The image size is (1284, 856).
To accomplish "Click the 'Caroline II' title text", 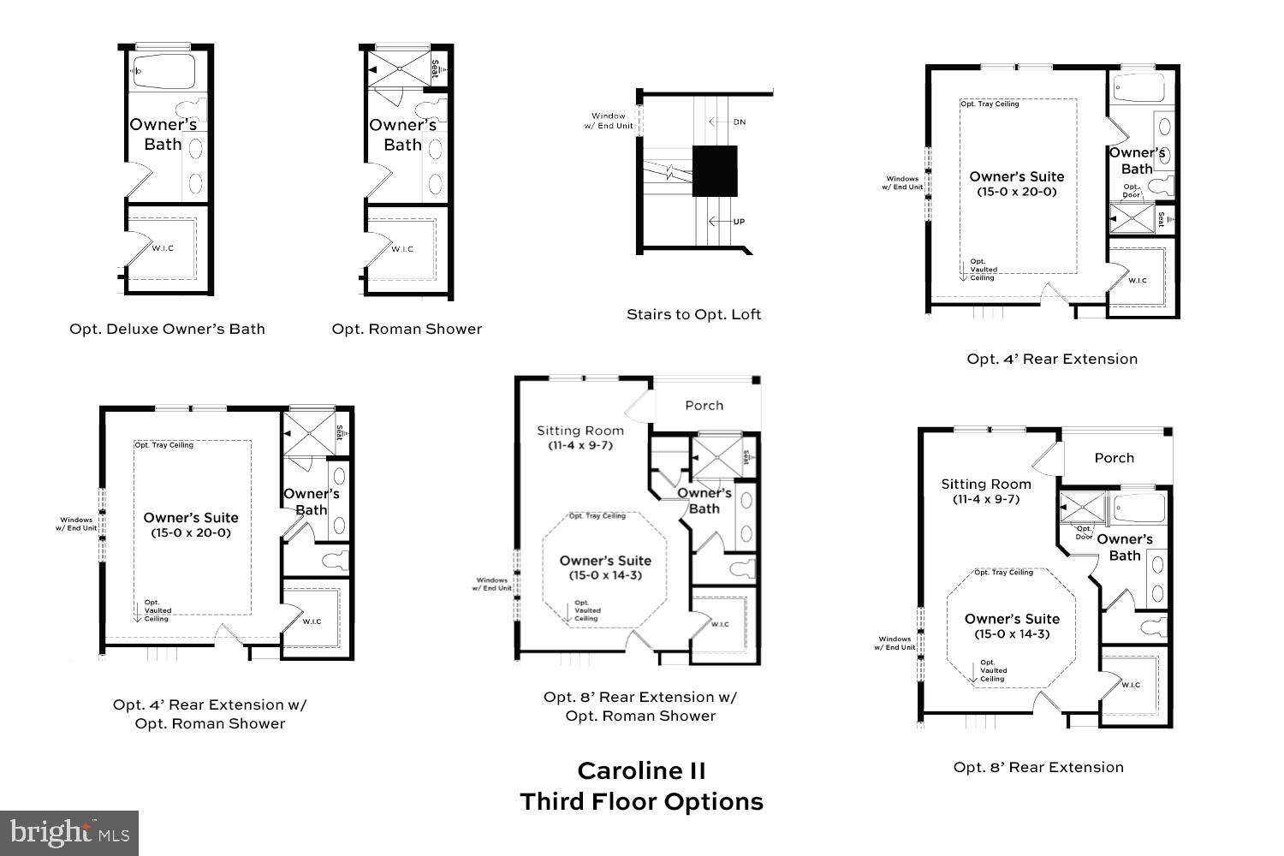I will pos(641,770).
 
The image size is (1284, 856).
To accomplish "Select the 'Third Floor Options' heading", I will pos(641,802).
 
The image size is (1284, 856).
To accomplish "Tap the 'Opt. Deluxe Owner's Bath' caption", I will pos(167,329).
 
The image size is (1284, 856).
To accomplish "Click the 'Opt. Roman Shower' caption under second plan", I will pos(407,329).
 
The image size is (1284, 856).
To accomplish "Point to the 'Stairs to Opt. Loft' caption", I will pos(693,314).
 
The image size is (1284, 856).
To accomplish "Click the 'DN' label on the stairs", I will pos(739,122).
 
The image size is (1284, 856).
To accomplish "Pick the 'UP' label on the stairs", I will pos(739,222).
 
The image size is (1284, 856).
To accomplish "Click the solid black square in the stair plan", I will pos(714,171).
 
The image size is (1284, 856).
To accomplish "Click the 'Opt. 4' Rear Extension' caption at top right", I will pos(1052,359).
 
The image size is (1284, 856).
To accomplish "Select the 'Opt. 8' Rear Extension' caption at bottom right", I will pos(1038,767).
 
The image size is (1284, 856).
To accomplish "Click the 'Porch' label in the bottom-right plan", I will pos(1114,458).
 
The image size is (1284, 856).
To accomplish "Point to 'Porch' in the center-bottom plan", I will pos(704,406).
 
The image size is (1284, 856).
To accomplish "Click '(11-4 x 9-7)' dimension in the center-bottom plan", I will pos(580,445).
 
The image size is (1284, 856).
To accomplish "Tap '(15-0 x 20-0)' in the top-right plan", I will pos(1017,192).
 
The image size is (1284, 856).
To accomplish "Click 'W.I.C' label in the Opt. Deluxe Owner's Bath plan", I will pos(163,248).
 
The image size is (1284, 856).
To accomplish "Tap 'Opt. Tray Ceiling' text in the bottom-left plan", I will pos(163,445).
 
